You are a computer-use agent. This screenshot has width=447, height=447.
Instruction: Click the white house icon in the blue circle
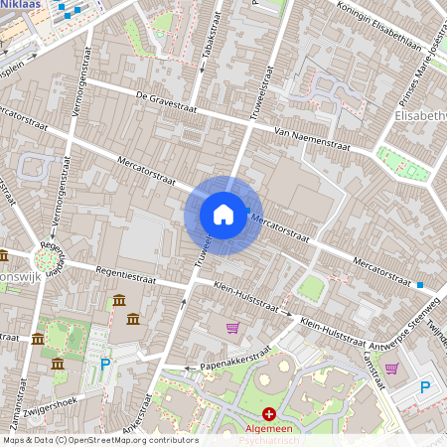pos(223,215)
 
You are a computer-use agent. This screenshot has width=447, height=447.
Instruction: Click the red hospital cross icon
pos(269,412)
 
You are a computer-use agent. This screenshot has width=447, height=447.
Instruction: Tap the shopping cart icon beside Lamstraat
pos(391,369)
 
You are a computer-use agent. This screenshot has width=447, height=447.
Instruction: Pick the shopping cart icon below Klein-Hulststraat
pos(232,328)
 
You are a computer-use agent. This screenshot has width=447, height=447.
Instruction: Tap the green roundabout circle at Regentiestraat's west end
pos(45,260)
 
